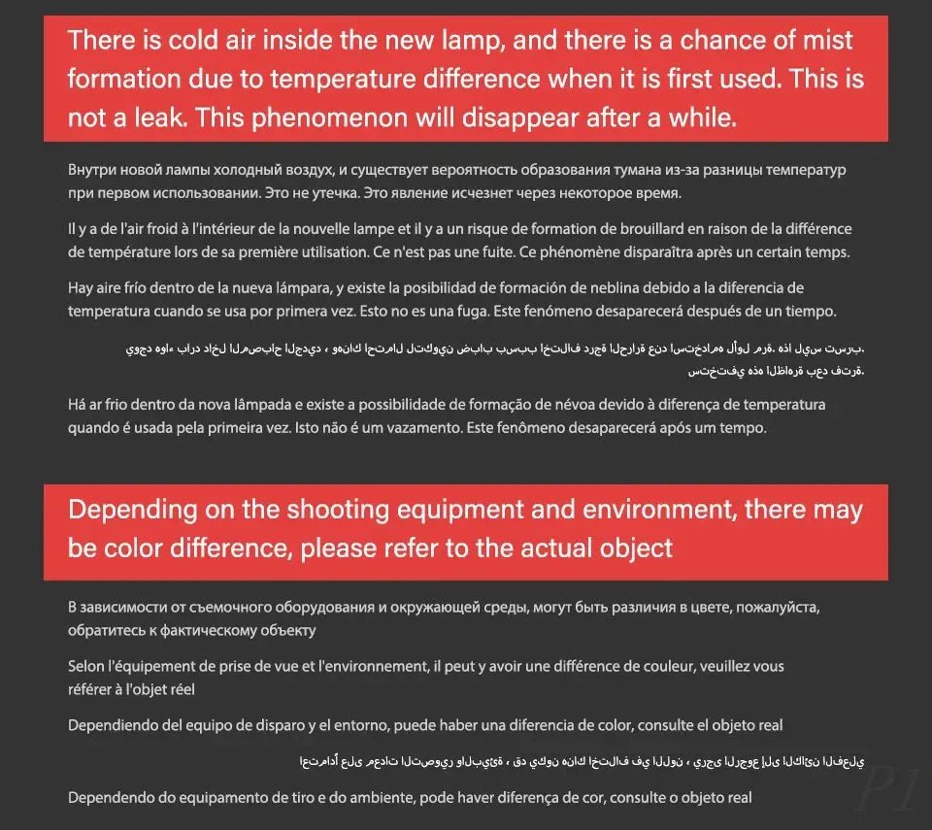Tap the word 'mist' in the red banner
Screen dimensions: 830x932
823,41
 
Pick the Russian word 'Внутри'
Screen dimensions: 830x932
92,170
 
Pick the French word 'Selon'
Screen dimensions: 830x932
87,667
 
